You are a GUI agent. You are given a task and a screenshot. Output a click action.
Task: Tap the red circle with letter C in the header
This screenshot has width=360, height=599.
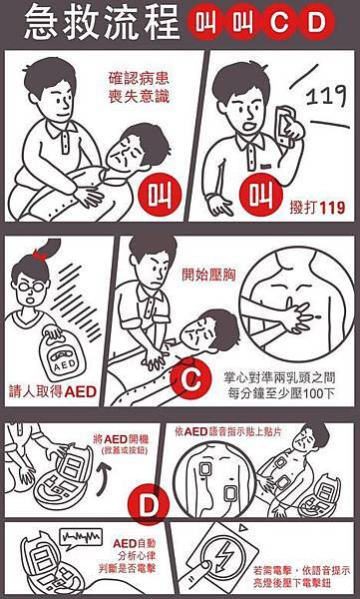[280, 22]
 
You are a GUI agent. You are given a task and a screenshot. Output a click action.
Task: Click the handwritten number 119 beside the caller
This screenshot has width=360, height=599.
[327, 96]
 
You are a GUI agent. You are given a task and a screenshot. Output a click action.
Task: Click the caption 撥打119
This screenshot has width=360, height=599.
[317, 208]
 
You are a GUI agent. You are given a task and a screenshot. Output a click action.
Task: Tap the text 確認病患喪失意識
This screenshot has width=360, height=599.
[139, 88]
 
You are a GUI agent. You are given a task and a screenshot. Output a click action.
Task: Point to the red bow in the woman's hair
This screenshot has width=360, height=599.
[39, 254]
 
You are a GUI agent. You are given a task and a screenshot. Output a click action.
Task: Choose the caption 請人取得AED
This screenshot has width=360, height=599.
[52, 392]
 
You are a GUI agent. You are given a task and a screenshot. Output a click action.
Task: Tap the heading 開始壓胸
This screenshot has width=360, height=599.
[208, 275]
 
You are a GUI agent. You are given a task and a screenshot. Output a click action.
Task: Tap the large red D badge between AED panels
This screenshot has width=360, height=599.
[149, 504]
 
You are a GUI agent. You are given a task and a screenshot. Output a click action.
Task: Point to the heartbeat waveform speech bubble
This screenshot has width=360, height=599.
[82, 538]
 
